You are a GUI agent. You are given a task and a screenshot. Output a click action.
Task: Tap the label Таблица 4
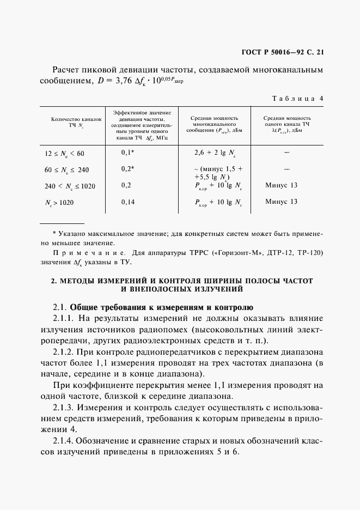[x=297, y=98]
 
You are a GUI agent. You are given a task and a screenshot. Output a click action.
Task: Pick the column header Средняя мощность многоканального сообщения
[x=215, y=124]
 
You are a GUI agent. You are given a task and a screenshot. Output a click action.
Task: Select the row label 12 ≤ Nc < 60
[x=65, y=154]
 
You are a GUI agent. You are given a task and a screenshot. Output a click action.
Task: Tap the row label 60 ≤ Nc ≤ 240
[x=66, y=170]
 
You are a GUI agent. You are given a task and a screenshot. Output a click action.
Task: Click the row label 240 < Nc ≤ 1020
[x=70, y=186]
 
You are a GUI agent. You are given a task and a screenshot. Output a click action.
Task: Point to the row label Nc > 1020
[x=59, y=203]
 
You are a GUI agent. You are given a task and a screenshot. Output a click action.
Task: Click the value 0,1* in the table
[x=127, y=153]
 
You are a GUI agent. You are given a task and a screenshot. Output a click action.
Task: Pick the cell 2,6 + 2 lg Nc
[x=215, y=154]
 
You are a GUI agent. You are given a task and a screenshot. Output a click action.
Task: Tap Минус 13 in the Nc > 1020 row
[x=281, y=202]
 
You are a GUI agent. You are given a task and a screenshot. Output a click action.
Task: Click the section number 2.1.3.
[x=65, y=408]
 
